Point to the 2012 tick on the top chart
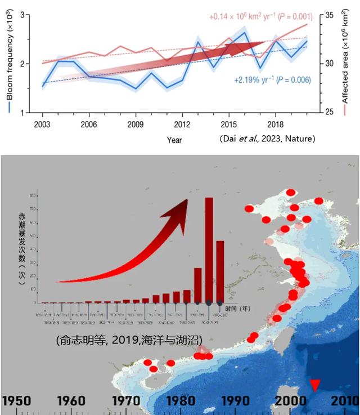pos(182,124)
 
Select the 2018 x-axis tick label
pos(275,124)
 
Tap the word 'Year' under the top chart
pos(174,140)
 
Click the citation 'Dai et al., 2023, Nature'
pos(267,139)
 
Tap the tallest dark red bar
pos(209,250)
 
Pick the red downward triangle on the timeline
pos(315,385)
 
